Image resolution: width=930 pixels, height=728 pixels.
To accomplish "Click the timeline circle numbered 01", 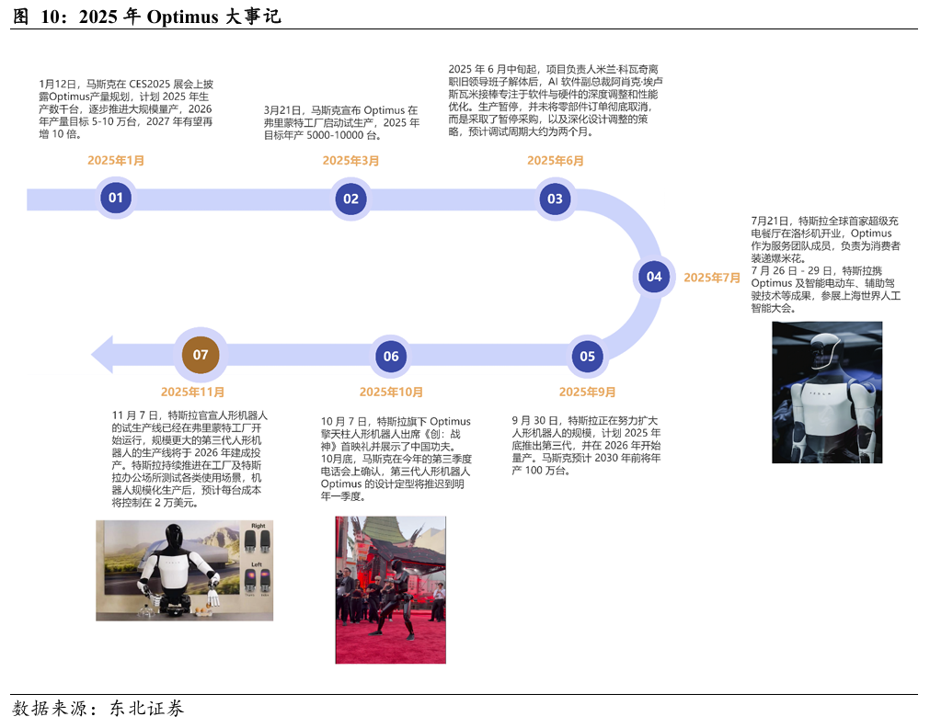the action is [116, 198].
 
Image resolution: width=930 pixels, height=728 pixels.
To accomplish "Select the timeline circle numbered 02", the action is [350, 198].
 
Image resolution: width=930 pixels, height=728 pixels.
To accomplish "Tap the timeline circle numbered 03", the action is [555, 199].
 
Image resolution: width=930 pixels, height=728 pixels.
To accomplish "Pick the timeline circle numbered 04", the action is [653, 276].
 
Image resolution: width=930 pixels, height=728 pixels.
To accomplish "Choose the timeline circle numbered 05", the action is [587, 357].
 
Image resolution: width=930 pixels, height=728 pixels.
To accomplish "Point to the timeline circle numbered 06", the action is [391, 357].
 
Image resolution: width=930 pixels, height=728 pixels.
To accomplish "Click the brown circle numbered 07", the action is [201, 355].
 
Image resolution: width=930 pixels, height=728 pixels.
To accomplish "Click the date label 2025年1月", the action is [116, 160].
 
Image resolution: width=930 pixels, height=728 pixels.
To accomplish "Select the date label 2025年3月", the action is [350, 160].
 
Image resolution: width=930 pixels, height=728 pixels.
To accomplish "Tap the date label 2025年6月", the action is [556, 160].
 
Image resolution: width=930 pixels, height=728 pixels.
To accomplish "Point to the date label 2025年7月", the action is [712, 277].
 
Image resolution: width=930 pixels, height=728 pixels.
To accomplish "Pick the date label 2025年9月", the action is [587, 392].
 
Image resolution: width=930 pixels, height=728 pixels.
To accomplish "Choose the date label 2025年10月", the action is [391, 392].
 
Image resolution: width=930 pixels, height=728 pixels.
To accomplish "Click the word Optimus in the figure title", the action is [182, 17].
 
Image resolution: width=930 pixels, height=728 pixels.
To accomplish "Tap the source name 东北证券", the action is [146, 709].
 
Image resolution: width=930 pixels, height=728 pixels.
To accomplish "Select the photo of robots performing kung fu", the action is [390, 589].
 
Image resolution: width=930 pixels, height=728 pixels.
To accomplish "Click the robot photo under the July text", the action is [826, 392].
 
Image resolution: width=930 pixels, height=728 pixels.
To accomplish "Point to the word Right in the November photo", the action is [258, 526].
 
